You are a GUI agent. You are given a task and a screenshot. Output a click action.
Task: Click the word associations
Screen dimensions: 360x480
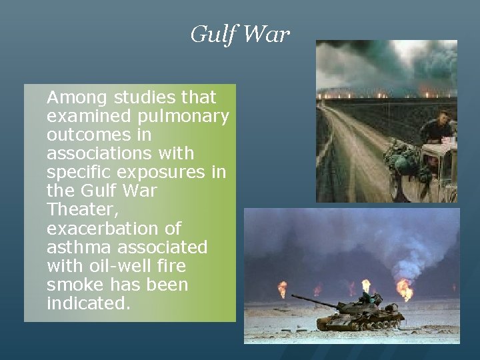(x=97, y=154)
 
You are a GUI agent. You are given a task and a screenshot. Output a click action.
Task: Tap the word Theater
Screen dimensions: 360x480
(x=73, y=210)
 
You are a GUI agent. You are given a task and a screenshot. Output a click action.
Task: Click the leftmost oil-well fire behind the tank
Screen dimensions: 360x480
(x=282, y=289)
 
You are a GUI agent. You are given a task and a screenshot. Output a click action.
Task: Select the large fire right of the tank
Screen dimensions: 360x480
(x=405, y=289)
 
